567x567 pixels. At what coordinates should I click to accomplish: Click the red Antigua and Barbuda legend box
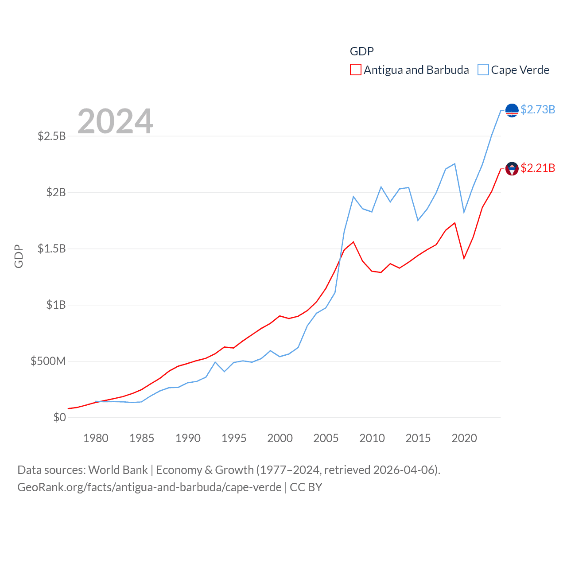coord(355,70)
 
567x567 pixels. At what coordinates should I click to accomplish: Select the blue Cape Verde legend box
coord(483,70)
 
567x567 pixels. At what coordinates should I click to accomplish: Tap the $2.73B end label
coord(538,109)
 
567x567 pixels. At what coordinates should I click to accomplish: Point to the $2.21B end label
coord(538,168)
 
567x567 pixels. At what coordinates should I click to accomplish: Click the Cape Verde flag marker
coord(512,110)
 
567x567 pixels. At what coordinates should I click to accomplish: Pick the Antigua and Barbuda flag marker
coord(512,169)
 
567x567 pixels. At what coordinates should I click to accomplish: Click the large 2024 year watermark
coord(115,121)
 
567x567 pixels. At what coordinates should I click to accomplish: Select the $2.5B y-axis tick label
coord(51,136)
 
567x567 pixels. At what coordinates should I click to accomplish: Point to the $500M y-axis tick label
coord(48,361)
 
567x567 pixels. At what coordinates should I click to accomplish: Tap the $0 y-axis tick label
coord(59,417)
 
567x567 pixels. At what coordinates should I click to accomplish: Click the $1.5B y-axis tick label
coord(51,249)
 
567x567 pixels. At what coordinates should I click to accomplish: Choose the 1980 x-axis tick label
coord(96,438)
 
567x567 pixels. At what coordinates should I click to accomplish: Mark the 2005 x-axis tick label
coord(326,438)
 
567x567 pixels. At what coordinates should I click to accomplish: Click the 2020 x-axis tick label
coord(464,438)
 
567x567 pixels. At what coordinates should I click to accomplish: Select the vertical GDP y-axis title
coord(19,256)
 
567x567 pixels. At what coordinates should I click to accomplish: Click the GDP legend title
coord(361,51)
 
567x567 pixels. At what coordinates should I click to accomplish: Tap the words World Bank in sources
coord(118,470)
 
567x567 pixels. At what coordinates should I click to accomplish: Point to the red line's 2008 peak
coord(353,242)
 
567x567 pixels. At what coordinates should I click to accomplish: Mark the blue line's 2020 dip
coord(464,213)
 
